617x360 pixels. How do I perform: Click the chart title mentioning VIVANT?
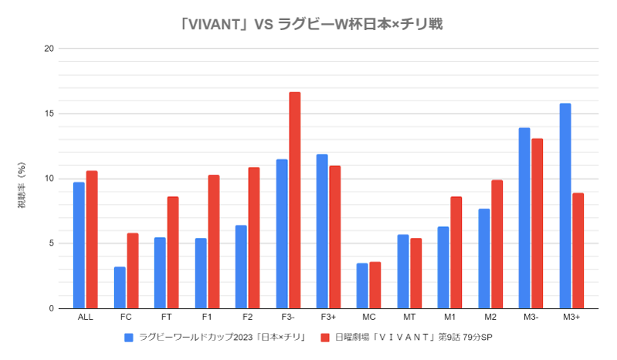310,24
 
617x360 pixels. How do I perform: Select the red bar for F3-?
294,200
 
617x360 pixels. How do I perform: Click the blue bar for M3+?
565,205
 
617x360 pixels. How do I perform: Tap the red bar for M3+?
578,250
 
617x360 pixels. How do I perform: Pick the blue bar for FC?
120,287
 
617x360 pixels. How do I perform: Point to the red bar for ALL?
92,239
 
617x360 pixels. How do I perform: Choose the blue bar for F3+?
321,231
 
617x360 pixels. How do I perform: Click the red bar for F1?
214,242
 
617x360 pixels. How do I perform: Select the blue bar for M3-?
524,218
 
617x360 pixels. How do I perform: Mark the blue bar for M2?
484,258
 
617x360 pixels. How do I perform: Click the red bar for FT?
173,253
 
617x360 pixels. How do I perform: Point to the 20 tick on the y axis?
49,49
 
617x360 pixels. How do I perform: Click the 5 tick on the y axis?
51,243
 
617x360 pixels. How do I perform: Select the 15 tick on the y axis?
49,114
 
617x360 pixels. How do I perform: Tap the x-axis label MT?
409,318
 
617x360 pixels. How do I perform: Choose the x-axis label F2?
247,318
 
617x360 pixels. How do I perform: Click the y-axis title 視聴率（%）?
22,185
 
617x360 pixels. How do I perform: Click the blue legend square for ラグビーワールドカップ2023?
129,338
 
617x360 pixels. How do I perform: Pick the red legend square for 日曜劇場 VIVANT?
326,338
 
